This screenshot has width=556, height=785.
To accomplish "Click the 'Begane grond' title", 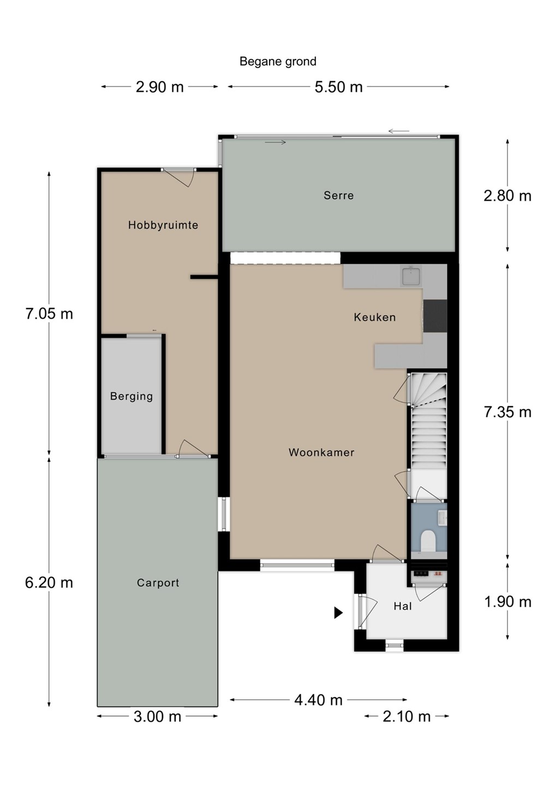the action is coord(278,62).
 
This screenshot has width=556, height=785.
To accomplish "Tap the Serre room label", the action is coord(338,195).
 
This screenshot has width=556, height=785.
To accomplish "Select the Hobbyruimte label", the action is coord(163,225).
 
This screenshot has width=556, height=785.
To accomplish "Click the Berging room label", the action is coord(131,396).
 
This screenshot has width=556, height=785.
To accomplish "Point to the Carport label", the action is coord(158,583).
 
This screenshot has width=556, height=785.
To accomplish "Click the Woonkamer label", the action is coord(321,452).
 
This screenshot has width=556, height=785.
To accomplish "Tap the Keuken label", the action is coord(375,317).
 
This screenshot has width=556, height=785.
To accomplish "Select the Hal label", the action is coord(403,606).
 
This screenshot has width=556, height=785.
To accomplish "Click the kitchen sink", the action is coord(411,276).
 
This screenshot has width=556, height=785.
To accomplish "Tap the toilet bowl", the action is coord(428,540).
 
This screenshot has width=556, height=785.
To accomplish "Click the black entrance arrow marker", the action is coord(338,612).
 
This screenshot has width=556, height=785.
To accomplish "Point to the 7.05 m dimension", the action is coord(49,313).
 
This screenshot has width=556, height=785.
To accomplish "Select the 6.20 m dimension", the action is coord(49,583).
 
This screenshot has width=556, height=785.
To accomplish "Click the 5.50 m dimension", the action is coord(338,87).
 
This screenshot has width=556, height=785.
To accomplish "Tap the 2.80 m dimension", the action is coord(507,196).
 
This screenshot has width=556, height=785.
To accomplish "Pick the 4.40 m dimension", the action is coord(318,700).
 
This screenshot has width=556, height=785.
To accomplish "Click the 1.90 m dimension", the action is coord(507,602).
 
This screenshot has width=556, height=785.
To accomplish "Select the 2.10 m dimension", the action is coord(406,717).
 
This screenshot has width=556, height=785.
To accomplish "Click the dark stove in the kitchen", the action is coord(435,316).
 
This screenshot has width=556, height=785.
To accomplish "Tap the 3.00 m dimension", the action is coord(158,717).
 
